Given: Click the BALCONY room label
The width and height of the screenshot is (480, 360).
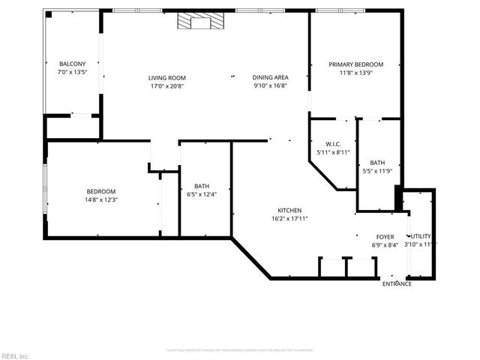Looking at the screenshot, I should click(x=72, y=64).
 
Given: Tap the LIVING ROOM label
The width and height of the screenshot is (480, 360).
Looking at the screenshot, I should click(x=166, y=78).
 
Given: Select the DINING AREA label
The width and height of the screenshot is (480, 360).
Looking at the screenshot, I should click(x=270, y=77).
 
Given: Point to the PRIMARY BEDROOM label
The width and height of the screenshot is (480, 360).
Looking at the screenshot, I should click(x=355, y=64).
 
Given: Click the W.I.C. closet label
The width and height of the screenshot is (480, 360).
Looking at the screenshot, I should click(x=334, y=144).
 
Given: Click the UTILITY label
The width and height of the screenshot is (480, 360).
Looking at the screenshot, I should click(x=420, y=236).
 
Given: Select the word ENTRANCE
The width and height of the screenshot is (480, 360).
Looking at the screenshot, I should click(x=397, y=283).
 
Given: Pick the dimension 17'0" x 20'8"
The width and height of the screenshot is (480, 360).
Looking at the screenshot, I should click(x=166, y=85).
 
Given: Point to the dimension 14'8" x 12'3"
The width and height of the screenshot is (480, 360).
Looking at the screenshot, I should click(x=100, y=199).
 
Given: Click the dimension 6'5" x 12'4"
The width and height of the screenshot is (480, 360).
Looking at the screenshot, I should click(x=202, y=195).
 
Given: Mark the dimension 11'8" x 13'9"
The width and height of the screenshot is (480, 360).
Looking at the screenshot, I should click(x=355, y=73).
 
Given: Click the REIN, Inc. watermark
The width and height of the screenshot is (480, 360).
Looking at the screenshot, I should click(x=14, y=355).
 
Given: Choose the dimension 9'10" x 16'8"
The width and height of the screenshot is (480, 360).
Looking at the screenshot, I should click(x=270, y=85).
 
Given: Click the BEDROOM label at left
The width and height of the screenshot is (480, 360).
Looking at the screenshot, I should click(x=100, y=191).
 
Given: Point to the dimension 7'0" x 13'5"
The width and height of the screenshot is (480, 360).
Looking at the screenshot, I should click(x=72, y=72).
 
